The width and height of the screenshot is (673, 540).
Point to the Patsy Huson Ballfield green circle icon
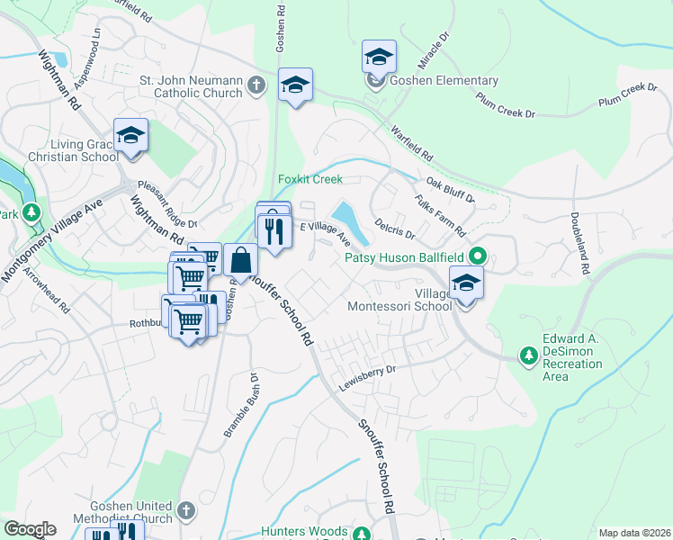pyautogui.click(x=478, y=257)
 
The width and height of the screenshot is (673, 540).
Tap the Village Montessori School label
pyautogui.click(x=399, y=299)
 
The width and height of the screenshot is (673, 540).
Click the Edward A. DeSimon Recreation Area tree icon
pyautogui.click(x=529, y=356)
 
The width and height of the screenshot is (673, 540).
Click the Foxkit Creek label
pyautogui.click(x=310, y=179)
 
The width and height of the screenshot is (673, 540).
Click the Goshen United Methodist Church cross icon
pyautogui.click(x=186, y=511)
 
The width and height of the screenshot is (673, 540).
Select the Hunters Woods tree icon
pyautogui.click(x=361, y=533)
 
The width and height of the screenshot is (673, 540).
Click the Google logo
pyautogui.click(x=30, y=529)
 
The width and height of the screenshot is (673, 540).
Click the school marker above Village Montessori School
pyautogui.click(x=466, y=283)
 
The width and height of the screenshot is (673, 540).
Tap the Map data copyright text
pyautogui.click(x=634, y=533)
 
